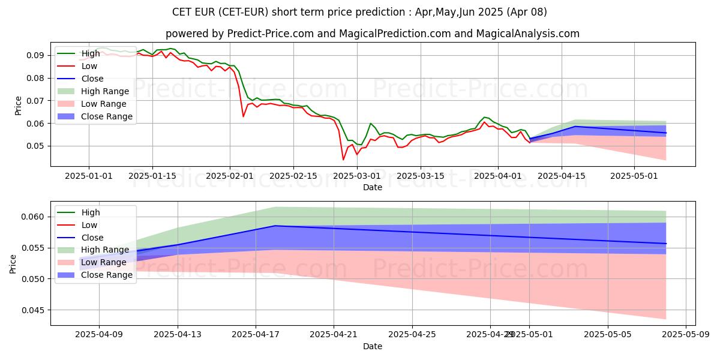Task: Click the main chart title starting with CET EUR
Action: pyautogui.click(x=359, y=12)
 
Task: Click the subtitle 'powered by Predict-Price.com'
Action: pyautogui.click(x=372, y=34)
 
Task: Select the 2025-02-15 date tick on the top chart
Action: pyautogui.click(x=293, y=176)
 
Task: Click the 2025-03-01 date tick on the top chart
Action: pyautogui.click(x=357, y=176)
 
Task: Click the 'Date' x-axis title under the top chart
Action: pyautogui.click(x=373, y=187)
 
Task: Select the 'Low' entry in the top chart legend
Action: pyautogui.click(x=89, y=66)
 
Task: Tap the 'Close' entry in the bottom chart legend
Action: pyautogui.click(x=92, y=237)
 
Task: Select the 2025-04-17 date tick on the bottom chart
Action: pyautogui.click(x=256, y=335)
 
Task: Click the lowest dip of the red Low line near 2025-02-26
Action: pyautogui.click(x=343, y=160)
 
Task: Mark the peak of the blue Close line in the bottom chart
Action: pyautogui.click(x=275, y=226)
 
